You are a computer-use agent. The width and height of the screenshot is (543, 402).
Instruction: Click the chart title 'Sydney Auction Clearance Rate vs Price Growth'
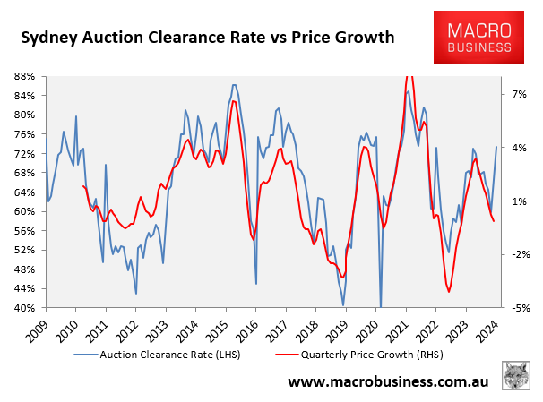tap(208, 38)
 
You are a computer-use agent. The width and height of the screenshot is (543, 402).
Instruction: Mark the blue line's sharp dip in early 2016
tap(256, 283)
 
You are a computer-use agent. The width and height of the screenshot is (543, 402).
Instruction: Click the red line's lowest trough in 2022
tap(448, 291)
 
